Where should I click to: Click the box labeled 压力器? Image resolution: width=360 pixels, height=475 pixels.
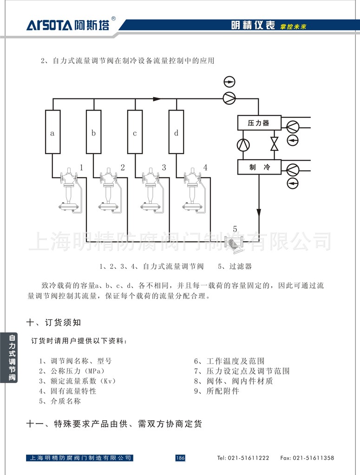(x=259, y=123)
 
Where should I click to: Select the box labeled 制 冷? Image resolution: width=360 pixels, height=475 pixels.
(x=259, y=167)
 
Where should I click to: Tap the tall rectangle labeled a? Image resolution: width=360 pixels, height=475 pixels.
(x=52, y=132)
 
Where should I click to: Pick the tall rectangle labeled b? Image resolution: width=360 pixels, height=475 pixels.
(x=93, y=132)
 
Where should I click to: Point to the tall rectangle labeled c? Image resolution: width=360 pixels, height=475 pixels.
(x=135, y=132)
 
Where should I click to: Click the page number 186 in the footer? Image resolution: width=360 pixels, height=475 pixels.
(x=180, y=458)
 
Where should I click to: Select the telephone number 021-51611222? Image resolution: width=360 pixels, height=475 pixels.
(x=243, y=458)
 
